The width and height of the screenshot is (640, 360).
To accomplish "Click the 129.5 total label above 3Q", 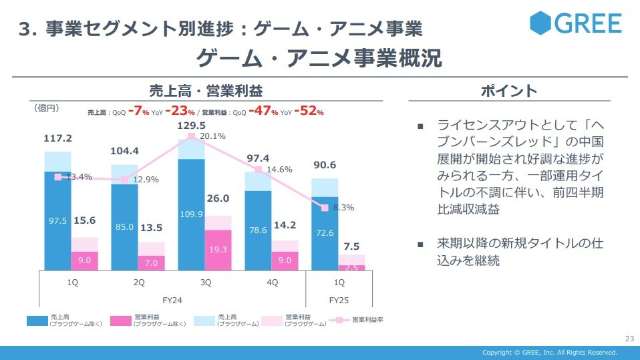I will pyautogui.click(x=191, y=125).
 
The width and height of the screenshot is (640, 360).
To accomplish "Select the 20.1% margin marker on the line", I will pyautogui.click(x=192, y=136).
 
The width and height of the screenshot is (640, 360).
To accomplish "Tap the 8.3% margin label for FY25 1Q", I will pyautogui.click(x=342, y=208).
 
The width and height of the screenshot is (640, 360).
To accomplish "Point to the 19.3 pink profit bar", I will pyautogui.click(x=218, y=249).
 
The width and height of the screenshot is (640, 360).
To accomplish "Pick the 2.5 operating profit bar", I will pyautogui.click(x=351, y=267).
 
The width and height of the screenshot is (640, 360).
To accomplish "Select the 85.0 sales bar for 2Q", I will pyautogui.click(x=124, y=227).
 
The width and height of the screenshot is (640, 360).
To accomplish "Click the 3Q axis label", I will pyautogui.click(x=205, y=283).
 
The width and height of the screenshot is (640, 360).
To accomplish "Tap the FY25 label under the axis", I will pyautogui.click(x=339, y=301).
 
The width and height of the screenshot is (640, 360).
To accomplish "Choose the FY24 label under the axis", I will pyautogui.click(x=172, y=301).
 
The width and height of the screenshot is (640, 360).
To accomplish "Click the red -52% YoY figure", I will pyautogui.click(x=310, y=112).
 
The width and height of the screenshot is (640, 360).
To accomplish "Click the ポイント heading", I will pyautogui.click(x=509, y=90).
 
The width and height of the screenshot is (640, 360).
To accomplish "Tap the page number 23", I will pyautogui.click(x=628, y=337).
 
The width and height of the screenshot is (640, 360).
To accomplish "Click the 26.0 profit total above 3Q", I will pyautogui.click(x=218, y=198).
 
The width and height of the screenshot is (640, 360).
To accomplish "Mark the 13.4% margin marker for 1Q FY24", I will pyautogui.click(x=58, y=177).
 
